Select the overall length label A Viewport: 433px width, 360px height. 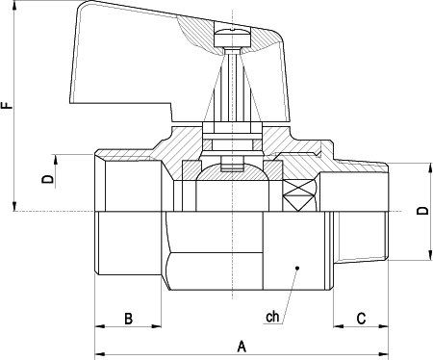coord(242,344)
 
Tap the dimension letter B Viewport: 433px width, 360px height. coord(129,318)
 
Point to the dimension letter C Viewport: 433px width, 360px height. coord(360,318)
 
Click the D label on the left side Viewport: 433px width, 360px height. coord(44,177)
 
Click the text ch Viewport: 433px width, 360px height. coord(272,317)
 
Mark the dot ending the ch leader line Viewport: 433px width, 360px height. coord(297,268)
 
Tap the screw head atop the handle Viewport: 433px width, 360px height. coord(232,37)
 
